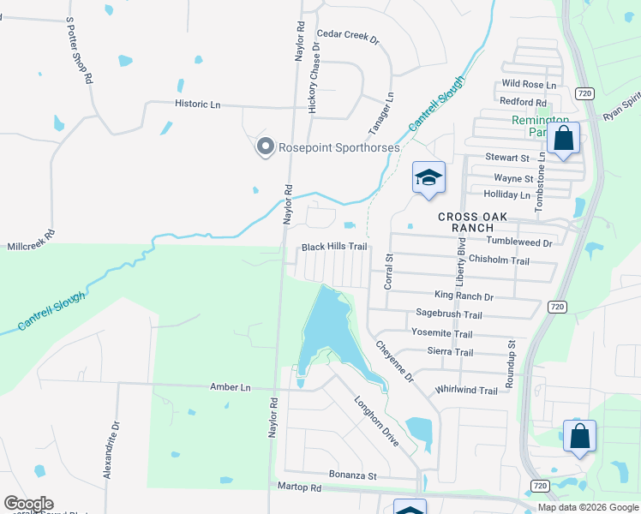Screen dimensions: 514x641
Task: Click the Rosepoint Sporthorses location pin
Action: click(x=265, y=148)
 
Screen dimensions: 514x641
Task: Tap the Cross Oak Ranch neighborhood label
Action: click(x=477, y=222)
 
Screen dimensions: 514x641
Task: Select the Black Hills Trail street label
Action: click(x=333, y=247)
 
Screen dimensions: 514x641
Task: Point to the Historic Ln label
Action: click(x=198, y=104)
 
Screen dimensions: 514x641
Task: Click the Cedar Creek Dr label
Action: click(x=347, y=34)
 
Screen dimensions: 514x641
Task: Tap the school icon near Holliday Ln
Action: click(x=428, y=178)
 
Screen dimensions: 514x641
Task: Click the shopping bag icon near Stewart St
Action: click(x=564, y=139)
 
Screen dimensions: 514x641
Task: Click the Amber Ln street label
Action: click(x=231, y=387)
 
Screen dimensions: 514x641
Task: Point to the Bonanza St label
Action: click(x=353, y=475)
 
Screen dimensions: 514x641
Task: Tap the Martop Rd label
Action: click(x=299, y=487)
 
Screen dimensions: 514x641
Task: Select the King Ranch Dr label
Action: click(x=464, y=296)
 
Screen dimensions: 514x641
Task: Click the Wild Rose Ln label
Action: click(x=529, y=84)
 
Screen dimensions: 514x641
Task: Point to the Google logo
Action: click(x=27, y=504)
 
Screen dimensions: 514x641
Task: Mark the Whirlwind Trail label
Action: click(x=466, y=391)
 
